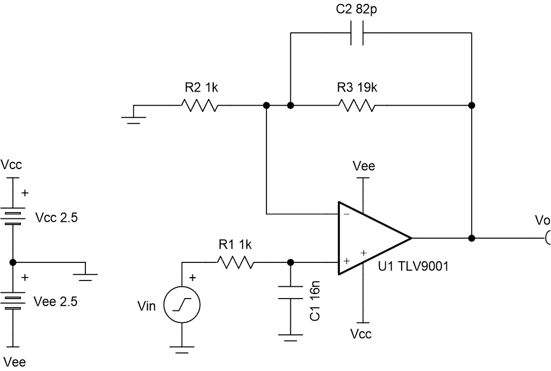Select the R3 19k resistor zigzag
[x=356, y=105]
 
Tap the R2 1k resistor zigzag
[x=199, y=105]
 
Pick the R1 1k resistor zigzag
[x=235, y=262]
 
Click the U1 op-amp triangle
[x=371, y=238]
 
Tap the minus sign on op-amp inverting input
[x=346, y=214]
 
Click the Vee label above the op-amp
[x=363, y=166]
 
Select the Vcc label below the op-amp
[x=361, y=334]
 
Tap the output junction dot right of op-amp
[x=472, y=238]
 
